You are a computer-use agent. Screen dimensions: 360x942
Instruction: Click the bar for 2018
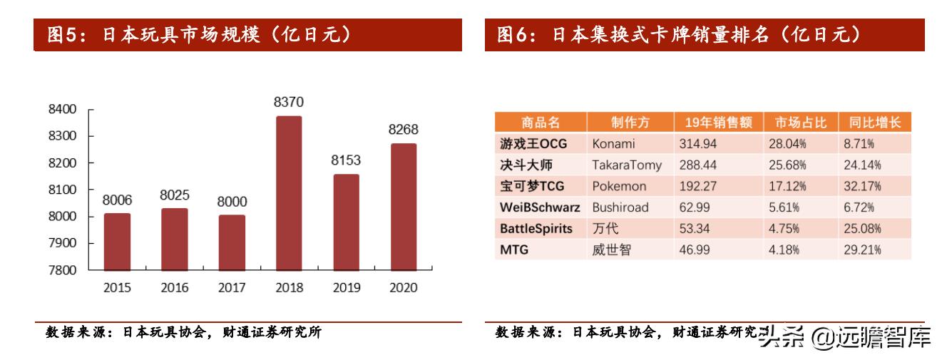(x=289, y=193)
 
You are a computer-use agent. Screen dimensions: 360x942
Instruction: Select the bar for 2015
(x=117, y=242)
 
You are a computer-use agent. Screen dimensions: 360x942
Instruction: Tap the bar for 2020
(x=403, y=207)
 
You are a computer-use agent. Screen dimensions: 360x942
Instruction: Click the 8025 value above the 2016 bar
(x=174, y=195)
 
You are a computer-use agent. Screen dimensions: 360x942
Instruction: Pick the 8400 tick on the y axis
(x=61, y=110)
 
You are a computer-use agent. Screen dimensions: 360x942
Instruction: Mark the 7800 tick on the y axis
(x=61, y=270)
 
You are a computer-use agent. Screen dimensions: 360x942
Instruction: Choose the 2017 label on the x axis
(x=231, y=289)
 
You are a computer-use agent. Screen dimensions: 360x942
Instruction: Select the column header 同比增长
(x=876, y=123)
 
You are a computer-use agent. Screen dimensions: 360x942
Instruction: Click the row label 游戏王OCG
(x=533, y=143)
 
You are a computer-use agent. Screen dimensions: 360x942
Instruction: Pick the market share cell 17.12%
(x=787, y=186)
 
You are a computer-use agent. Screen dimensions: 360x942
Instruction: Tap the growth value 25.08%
(x=862, y=229)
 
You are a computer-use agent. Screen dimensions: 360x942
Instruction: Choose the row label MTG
(x=513, y=250)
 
